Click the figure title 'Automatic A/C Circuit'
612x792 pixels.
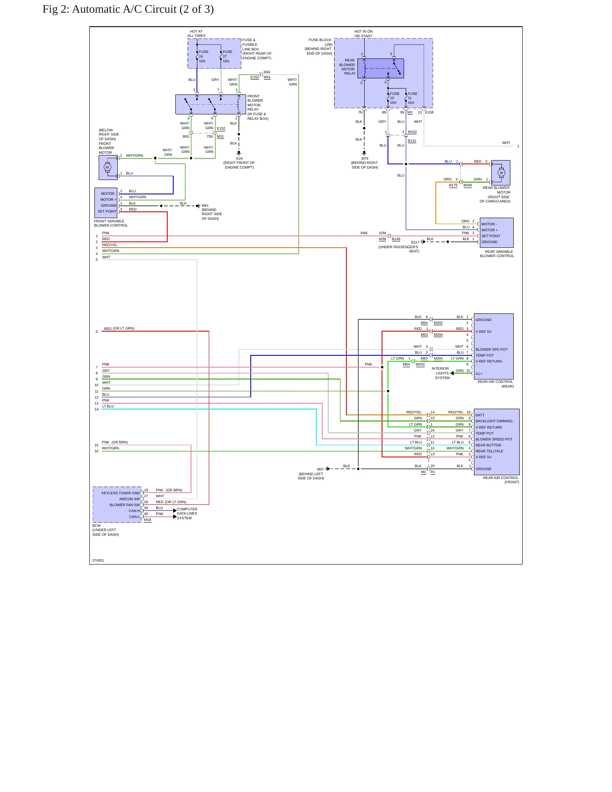[124, 9]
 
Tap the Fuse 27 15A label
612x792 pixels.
[227, 56]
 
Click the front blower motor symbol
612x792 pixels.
[108, 167]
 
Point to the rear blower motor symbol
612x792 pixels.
[501, 172]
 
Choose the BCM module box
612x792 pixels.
[117, 504]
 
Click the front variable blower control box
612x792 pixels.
[106, 202]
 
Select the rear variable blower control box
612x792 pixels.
[496, 233]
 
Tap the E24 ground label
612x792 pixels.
[239, 158]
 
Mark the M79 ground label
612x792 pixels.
[365, 158]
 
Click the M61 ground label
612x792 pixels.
[205, 205]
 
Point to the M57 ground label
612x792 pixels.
[321, 469]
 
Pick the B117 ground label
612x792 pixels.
[415, 243]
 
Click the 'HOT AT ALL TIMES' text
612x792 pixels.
[197, 33]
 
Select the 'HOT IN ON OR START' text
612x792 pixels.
[363, 34]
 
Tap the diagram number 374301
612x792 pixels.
[98, 560]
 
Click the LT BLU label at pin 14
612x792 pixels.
[108, 406]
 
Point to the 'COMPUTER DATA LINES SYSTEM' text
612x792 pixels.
[187, 513]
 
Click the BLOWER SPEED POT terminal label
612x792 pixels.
[494, 439]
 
